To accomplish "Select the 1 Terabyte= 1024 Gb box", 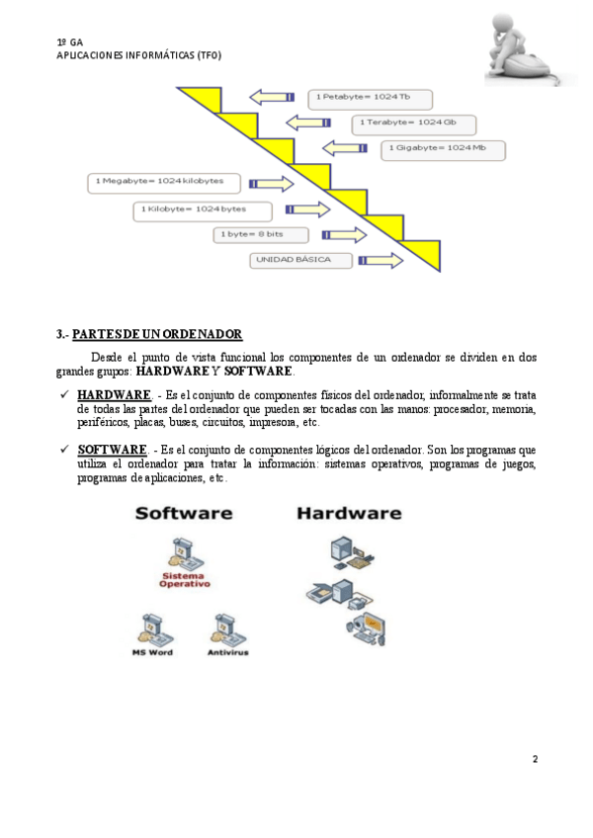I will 413,125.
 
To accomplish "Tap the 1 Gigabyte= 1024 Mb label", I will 443,150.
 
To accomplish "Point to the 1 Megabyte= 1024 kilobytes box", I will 166,182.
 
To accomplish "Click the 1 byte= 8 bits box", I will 259,235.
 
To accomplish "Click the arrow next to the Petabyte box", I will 272,96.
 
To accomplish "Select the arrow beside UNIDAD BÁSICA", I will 381,261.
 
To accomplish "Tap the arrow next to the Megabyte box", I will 271,183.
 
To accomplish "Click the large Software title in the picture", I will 184,514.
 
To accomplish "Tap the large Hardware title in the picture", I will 349,514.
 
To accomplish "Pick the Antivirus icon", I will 227,628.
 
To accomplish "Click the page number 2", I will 535,759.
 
